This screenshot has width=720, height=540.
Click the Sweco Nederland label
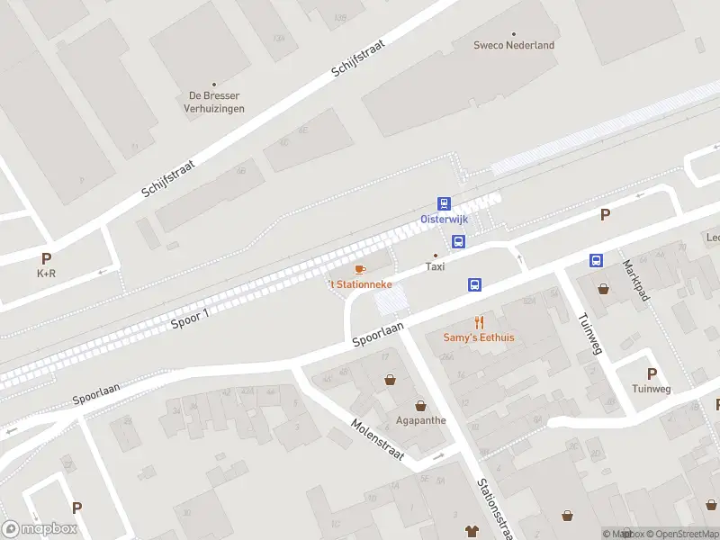pos(514,45)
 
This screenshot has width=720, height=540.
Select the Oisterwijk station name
pos(444,220)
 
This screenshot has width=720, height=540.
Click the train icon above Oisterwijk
pos(444,204)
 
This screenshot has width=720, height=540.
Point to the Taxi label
pos(435,266)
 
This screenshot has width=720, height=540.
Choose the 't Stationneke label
pos(360,284)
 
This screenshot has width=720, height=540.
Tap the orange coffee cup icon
pos(360,269)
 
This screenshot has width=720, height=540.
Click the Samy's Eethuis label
pos(479,337)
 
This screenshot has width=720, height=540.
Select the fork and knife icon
pos(479,322)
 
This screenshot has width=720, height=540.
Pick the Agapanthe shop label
pos(420,420)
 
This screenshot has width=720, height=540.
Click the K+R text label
pos(46,273)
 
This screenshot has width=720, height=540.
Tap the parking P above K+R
pos(46,258)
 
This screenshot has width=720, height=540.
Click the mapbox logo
pos(40,528)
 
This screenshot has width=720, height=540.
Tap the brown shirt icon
pos(470,531)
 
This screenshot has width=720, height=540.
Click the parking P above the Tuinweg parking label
pos(652,373)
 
